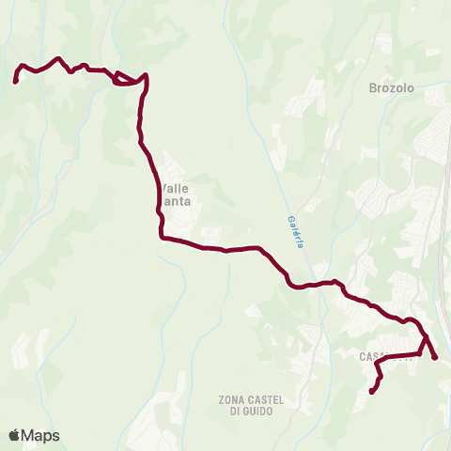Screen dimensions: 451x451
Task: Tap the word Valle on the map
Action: [176, 188]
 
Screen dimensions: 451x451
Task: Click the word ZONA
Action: [233, 399]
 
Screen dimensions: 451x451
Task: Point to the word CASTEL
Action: [266, 399]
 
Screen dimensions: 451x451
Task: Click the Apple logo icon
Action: [15, 435]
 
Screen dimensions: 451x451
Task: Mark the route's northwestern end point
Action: [16, 81]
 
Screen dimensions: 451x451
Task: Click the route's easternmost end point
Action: [435, 356]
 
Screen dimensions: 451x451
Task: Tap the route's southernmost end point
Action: [372, 392]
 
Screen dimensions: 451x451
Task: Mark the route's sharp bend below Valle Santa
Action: [162, 237]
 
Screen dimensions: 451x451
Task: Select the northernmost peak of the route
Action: [59, 58]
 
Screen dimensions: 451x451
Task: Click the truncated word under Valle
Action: [176, 201]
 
